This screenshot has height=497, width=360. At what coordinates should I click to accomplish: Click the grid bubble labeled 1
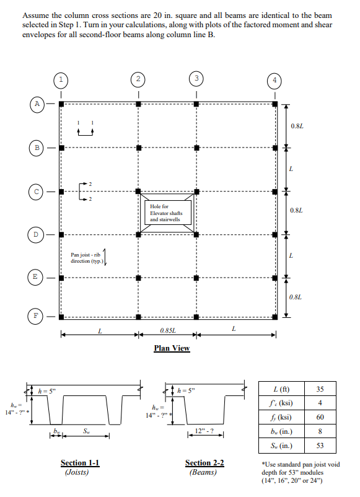coord(60,79)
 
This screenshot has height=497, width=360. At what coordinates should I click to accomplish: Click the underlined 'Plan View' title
coord(172,348)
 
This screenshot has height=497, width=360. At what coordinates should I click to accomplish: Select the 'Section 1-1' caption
coord(80,462)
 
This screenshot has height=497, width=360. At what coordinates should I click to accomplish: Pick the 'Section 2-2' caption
coord(204,462)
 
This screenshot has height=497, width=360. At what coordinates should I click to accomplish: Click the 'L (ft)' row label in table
coord(283,389)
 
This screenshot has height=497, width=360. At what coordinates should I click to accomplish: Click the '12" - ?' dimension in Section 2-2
coord(204,430)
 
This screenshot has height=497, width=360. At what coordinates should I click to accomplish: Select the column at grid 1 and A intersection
coord(60,104)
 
